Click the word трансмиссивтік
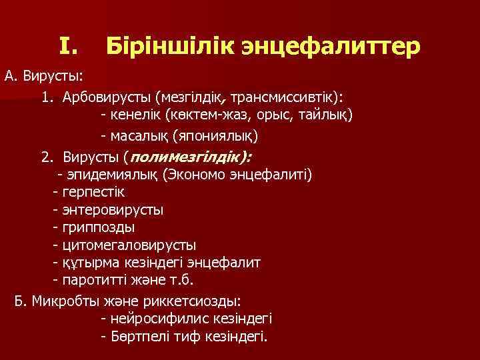285,97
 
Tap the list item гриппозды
97,227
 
